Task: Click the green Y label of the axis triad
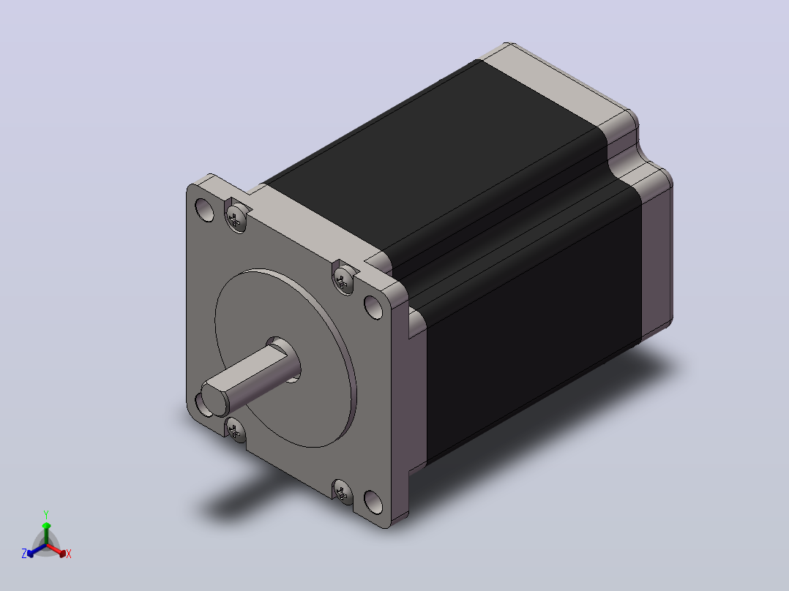[x=46, y=514]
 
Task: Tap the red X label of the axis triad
[x=69, y=554]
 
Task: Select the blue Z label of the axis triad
[x=23, y=553]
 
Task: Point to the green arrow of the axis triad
[x=46, y=532]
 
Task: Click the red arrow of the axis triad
[x=57, y=550]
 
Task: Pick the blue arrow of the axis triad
[x=37, y=550]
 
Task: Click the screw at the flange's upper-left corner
[x=236, y=218]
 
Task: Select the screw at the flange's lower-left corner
[x=234, y=430]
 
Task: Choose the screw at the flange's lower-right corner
[x=343, y=492]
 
